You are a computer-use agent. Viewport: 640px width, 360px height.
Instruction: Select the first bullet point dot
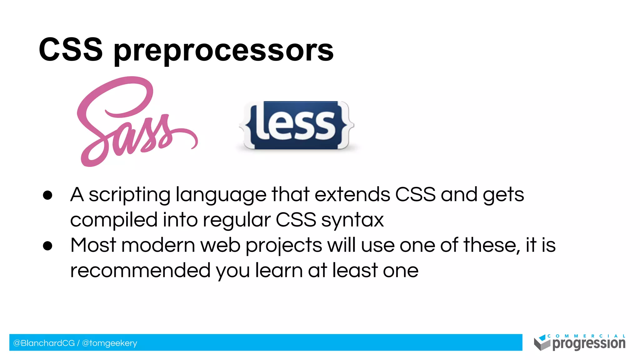(47, 195)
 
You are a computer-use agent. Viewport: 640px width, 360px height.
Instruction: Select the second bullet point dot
(47, 246)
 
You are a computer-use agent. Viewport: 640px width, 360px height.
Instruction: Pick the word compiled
(114, 220)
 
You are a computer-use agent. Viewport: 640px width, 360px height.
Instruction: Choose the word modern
(158, 245)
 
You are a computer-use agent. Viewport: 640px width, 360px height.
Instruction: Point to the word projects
(284, 246)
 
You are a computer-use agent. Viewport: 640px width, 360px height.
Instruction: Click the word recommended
(140, 270)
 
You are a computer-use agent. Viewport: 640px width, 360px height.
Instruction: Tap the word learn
(279, 270)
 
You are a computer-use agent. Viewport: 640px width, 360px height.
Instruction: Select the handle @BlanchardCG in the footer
(44, 343)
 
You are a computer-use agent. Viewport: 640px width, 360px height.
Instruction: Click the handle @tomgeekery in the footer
(109, 343)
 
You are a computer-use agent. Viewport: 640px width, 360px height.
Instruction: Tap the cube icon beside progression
(542, 343)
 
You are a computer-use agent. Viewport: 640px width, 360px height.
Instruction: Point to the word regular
(237, 220)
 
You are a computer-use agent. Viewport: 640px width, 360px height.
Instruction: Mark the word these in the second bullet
(489, 245)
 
